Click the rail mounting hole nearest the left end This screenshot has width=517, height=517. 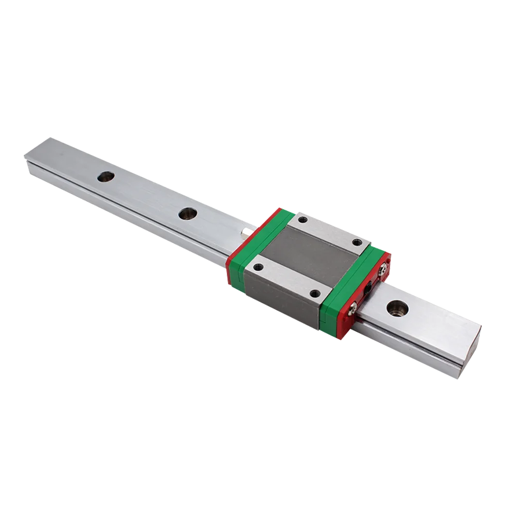click(x=107, y=176)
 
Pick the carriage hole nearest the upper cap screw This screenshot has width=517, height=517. click(x=356, y=242)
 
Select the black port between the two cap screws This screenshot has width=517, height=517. click(x=368, y=287)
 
